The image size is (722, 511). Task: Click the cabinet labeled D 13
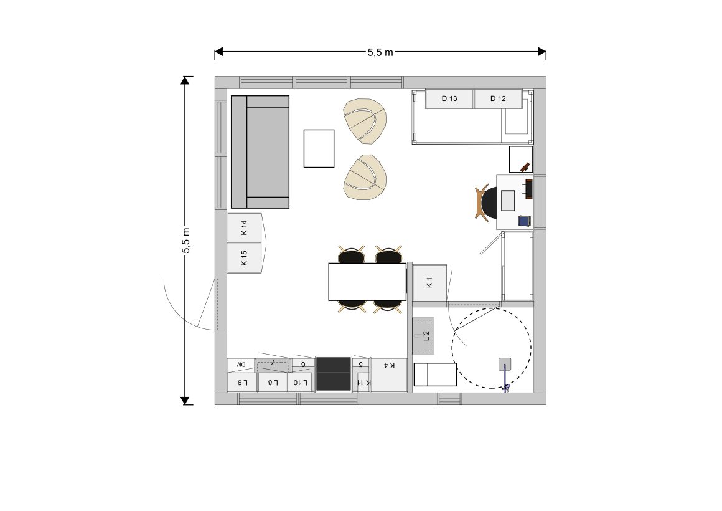pos(449,98)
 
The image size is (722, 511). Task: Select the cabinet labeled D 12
pos(498,98)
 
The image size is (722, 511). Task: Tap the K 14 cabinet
pos(245,227)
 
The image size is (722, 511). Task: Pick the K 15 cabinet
pos(245,258)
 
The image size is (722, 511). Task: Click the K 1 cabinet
pos(429,282)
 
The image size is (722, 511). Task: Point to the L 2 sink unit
pos(423,335)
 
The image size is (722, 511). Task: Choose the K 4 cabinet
pos(390,375)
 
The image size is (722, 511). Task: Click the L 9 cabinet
pos(243,383)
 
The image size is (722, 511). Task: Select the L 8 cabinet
pos(273,383)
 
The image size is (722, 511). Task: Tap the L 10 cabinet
pos(300,383)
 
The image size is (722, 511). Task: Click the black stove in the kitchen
pos(334,374)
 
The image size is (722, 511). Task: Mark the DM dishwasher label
pos(241,365)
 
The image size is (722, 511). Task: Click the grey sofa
pos(260,151)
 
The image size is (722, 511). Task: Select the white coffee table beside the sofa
pos(319,148)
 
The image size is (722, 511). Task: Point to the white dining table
pos(367,282)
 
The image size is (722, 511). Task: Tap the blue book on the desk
pos(525,221)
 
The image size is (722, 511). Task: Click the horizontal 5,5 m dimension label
pos(380,52)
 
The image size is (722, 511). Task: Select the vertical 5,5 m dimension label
pos(186,241)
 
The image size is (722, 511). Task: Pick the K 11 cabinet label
pos(363,383)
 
